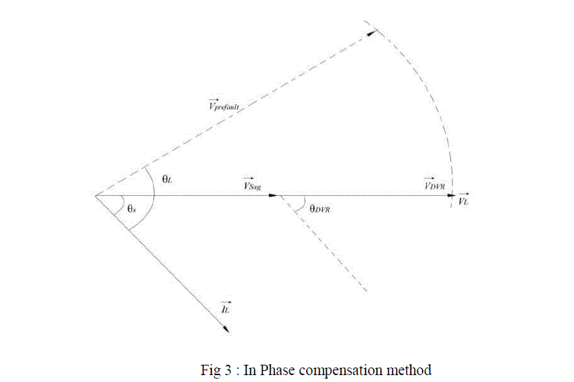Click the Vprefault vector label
227,105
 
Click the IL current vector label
224,308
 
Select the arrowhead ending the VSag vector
274,195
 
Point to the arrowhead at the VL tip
466,195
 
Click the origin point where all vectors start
95,195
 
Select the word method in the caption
412,370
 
